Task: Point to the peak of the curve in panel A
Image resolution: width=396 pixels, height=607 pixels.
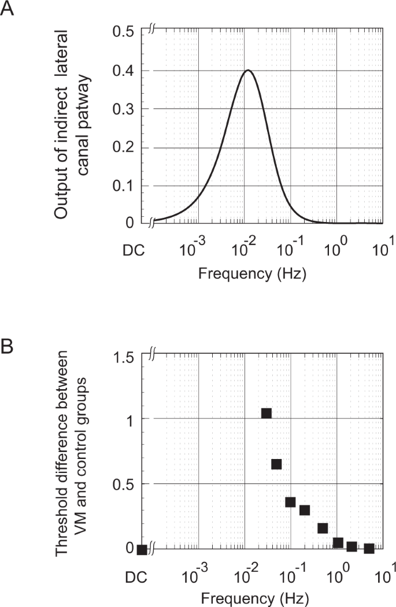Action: click(248, 71)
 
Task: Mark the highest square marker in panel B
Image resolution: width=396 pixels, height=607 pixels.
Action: click(267, 413)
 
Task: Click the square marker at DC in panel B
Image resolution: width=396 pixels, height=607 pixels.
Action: click(142, 549)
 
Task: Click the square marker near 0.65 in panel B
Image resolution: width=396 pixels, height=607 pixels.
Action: click(276, 464)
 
